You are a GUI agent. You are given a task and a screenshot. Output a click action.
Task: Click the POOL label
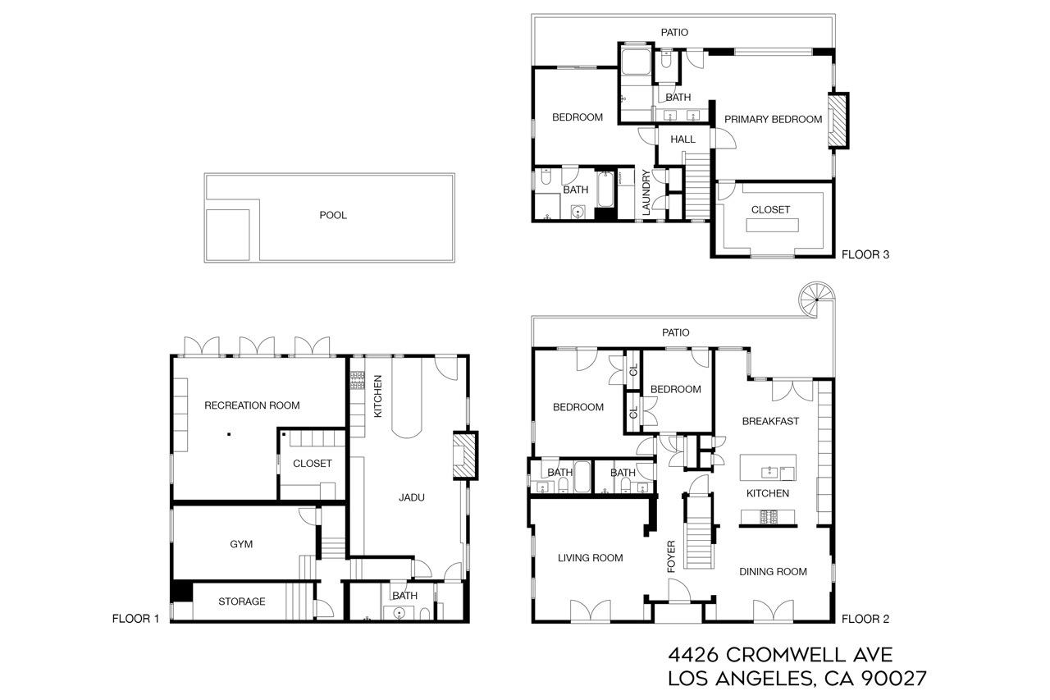(x=333, y=216)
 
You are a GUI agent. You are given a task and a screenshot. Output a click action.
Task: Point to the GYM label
(x=241, y=544)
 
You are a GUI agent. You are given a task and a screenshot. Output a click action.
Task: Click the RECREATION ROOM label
(x=252, y=405)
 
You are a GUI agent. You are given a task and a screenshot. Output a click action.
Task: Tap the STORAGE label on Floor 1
(x=241, y=602)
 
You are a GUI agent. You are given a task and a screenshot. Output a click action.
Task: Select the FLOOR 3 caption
(x=865, y=255)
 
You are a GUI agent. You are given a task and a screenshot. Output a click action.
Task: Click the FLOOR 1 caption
(x=135, y=620)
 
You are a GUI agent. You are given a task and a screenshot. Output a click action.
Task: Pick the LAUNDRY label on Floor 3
(x=646, y=194)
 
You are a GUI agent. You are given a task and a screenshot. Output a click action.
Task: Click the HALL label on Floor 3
(x=682, y=140)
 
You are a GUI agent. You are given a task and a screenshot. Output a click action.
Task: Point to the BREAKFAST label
(x=769, y=422)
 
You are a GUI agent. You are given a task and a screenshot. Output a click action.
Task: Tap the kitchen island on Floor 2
(x=768, y=469)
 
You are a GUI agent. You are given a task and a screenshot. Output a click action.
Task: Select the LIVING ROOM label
(x=590, y=558)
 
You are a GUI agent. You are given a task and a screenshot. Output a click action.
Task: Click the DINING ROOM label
(x=773, y=572)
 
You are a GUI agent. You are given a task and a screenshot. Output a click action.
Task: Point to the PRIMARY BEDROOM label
(x=773, y=119)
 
